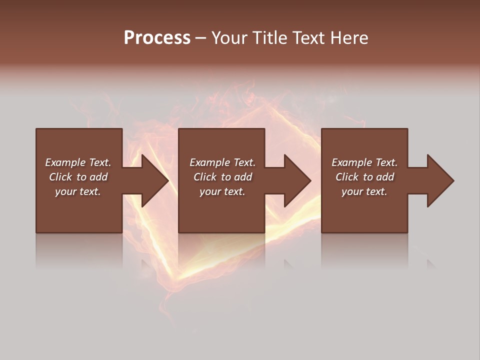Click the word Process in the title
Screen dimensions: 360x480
coord(157,38)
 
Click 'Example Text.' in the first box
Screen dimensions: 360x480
coord(78,162)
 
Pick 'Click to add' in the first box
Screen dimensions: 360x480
coord(78,177)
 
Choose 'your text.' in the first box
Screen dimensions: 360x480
coord(78,191)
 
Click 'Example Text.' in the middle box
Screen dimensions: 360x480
coord(222,162)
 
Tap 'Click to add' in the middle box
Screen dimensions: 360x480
coord(222,177)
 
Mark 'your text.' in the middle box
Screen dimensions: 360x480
coord(222,191)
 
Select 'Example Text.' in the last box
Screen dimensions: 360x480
coord(364,162)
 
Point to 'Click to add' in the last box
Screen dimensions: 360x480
coord(364,177)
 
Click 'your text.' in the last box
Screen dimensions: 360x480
coord(364,191)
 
